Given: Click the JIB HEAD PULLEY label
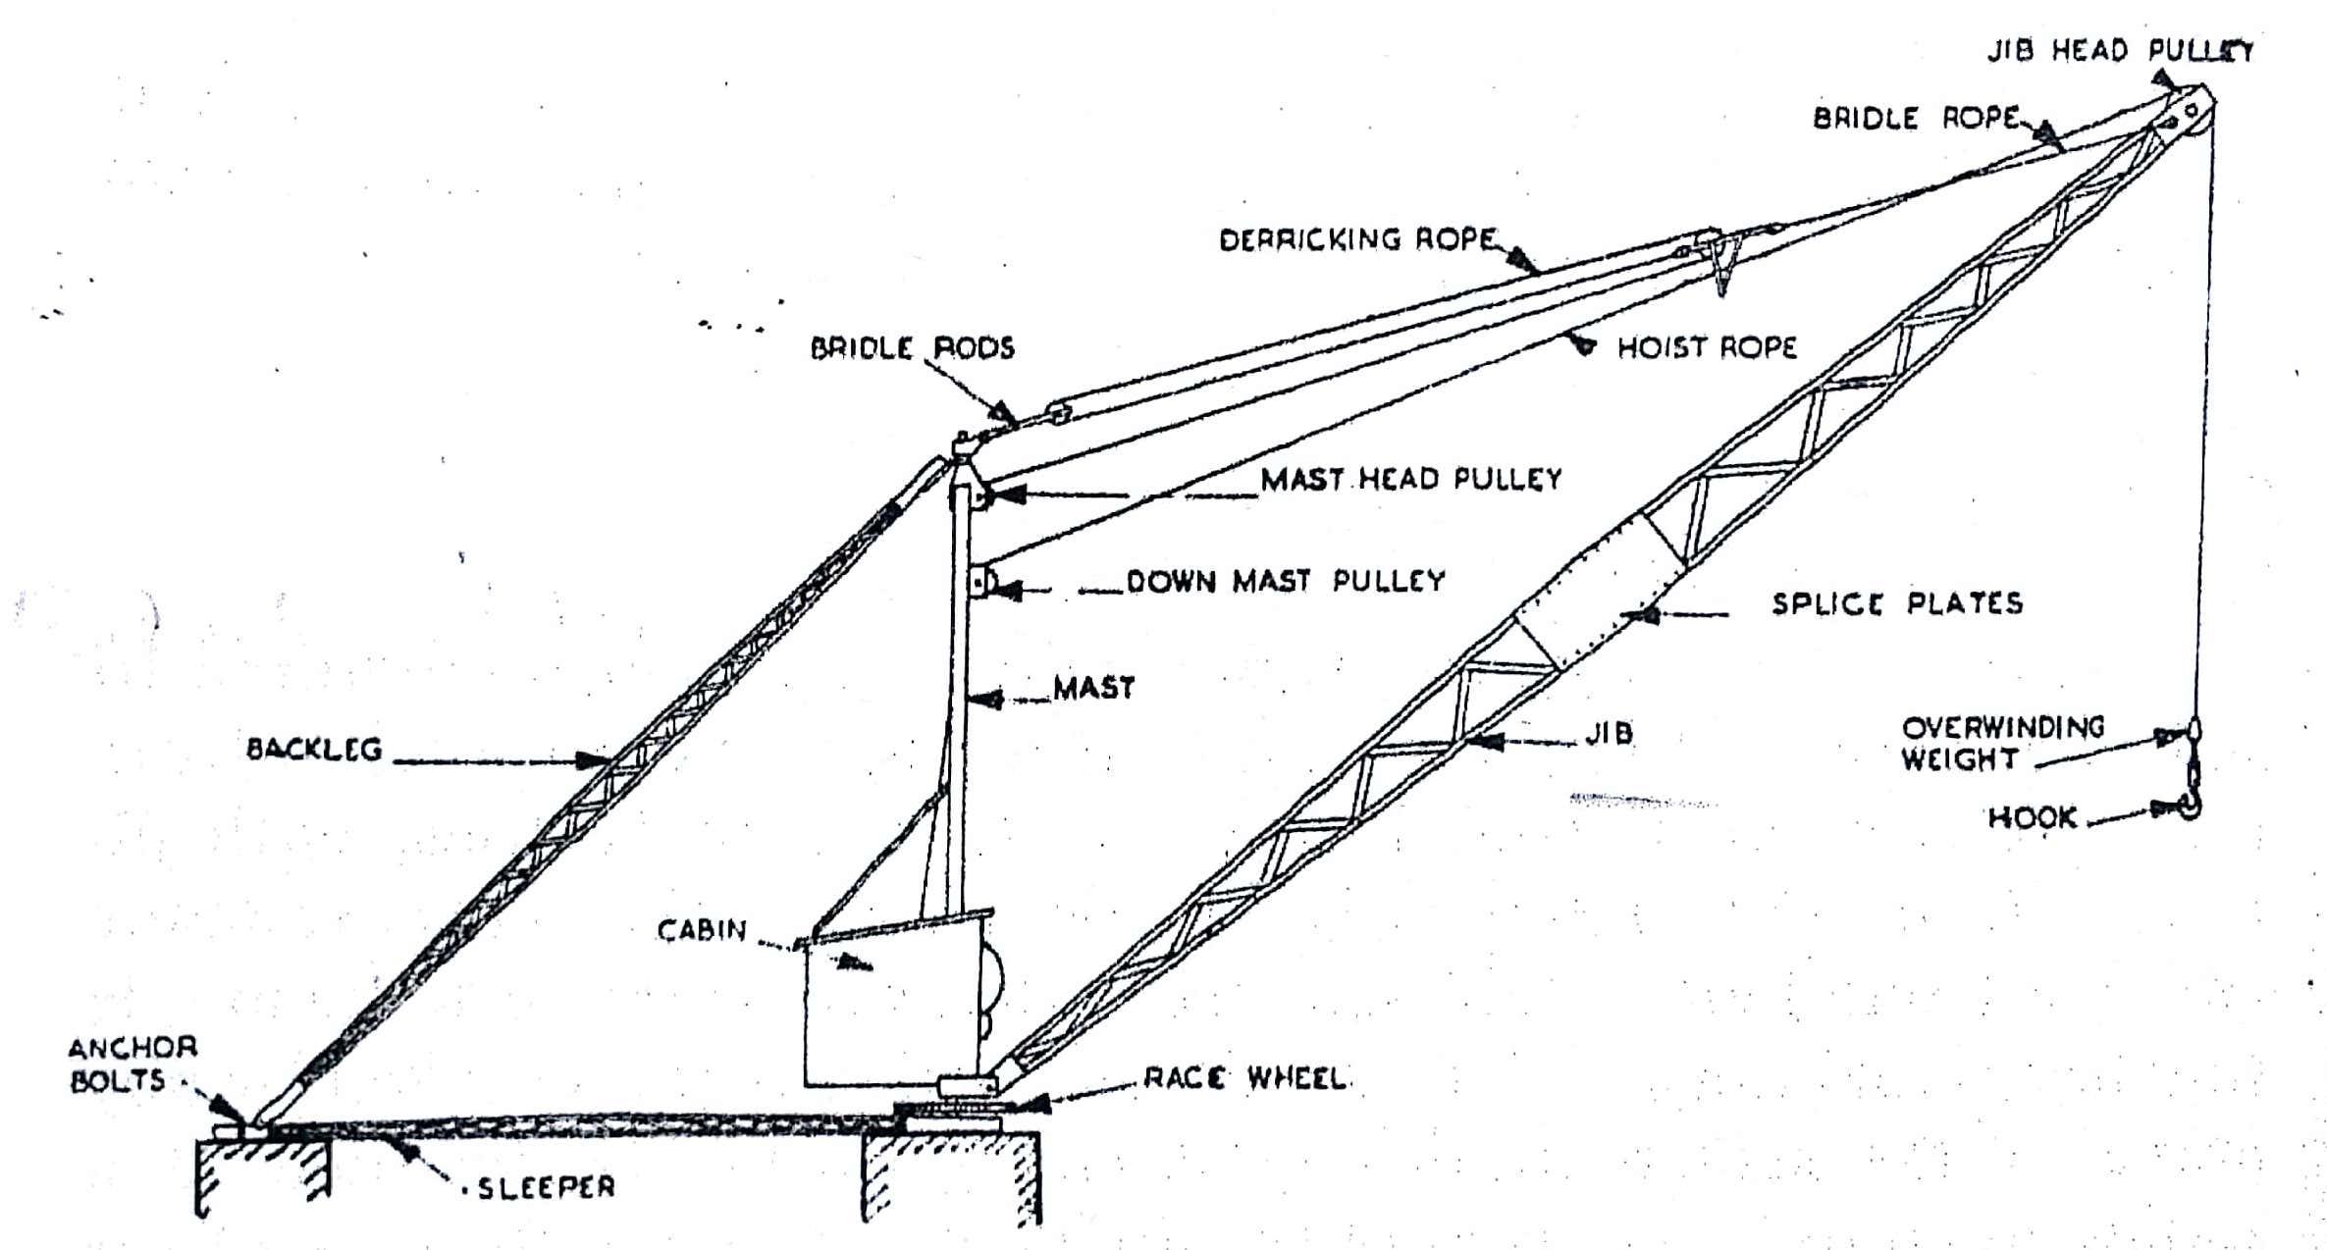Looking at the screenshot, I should point(2120,51).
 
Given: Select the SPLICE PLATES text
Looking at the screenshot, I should point(1896,603).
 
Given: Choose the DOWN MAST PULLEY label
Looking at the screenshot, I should point(1286,581).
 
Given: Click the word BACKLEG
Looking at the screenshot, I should point(313,750).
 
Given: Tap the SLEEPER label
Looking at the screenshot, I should point(546,1188).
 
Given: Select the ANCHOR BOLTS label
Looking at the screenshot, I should point(132,1065).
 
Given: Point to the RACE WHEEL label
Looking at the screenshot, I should point(1244,1079).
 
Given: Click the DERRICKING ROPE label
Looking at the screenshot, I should point(1357,239).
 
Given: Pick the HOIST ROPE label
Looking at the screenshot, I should point(1707,347).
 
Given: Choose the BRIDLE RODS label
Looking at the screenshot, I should point(912,348).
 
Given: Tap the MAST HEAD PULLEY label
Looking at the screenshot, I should point(1410,479).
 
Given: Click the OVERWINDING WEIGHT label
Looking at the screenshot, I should point(2002,743).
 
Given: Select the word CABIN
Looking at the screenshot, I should point(702,930).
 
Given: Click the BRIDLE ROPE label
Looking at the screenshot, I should point(1915,119).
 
